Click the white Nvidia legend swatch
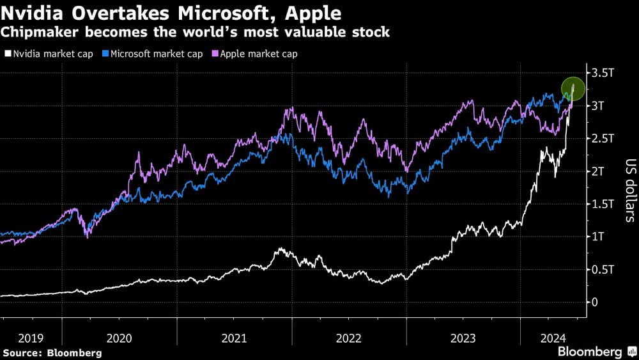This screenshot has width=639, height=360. coord(7,54)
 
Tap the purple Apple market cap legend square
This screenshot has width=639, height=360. coord(215,54)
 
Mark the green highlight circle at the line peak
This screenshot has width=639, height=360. coord(573,90)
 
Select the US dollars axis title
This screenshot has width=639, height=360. coord(629,191)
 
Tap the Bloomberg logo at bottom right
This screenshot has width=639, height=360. coord(590,352)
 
